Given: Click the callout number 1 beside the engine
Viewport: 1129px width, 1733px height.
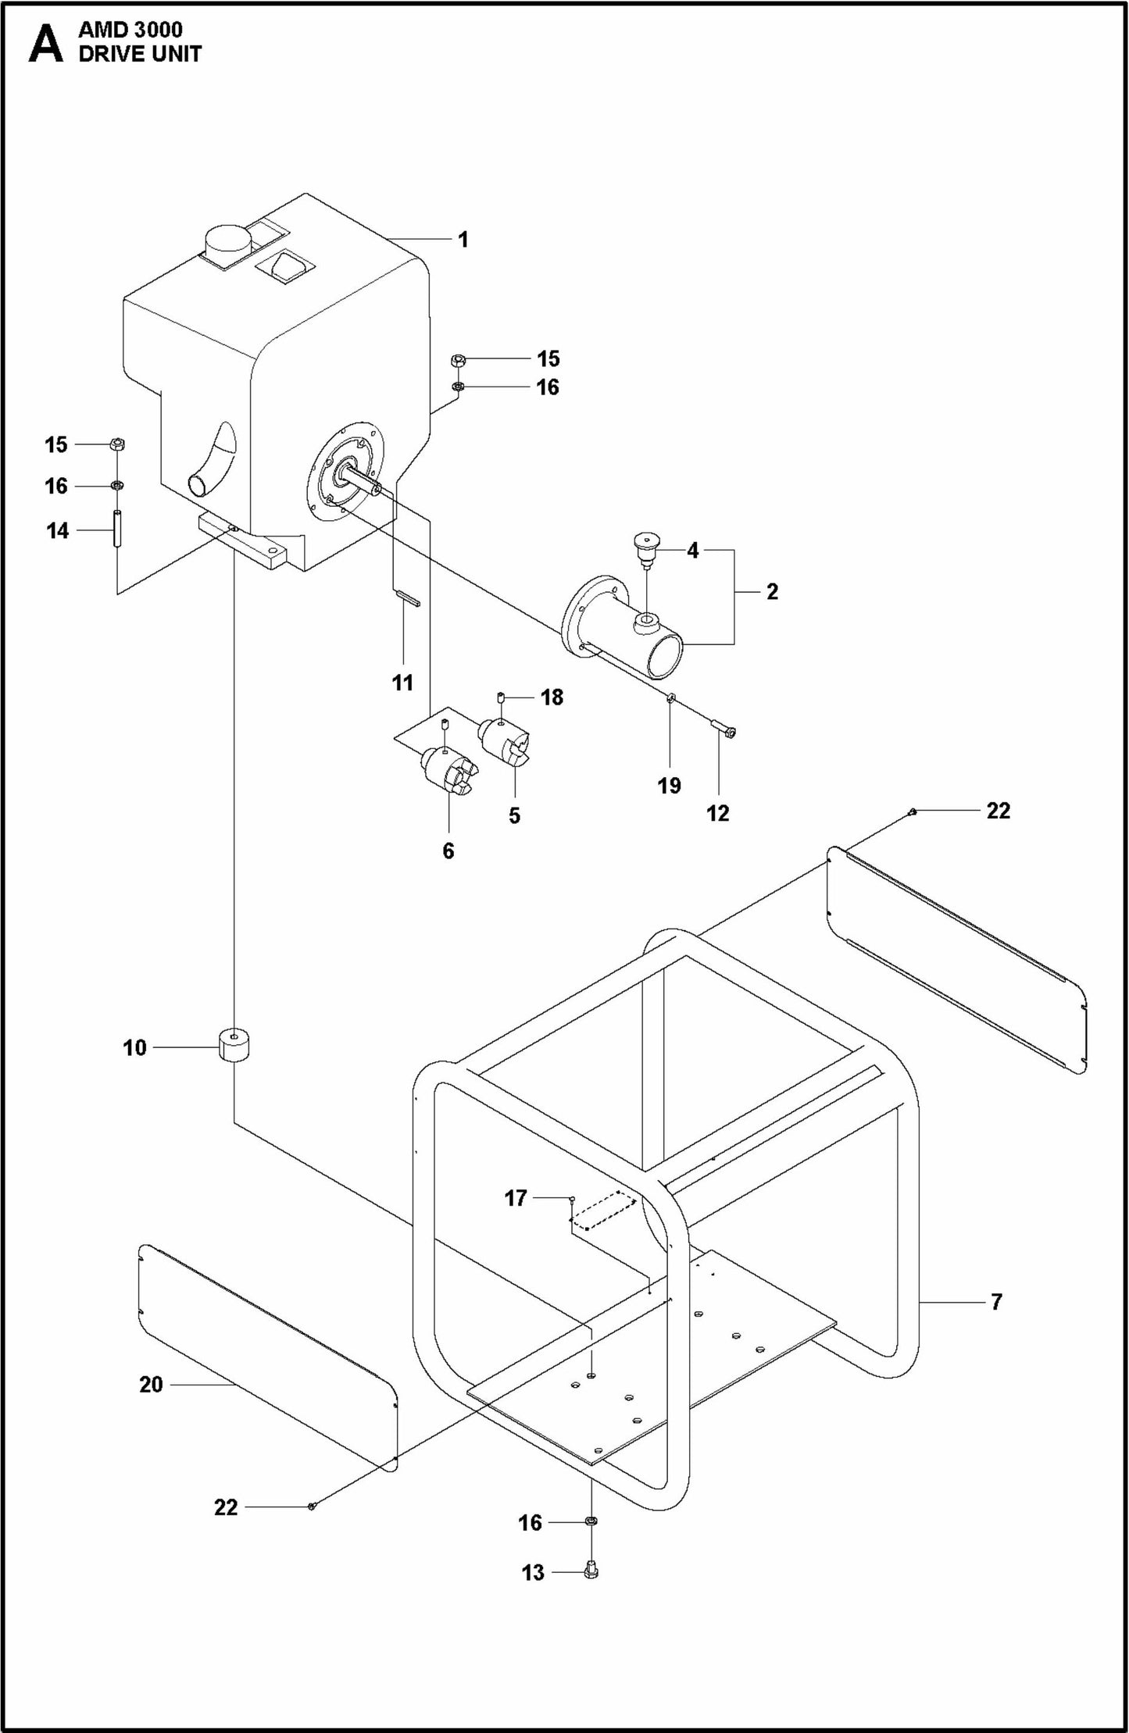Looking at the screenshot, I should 463,239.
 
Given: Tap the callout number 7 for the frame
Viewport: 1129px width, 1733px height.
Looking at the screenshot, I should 996,1302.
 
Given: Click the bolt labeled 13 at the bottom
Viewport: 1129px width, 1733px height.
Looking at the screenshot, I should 591,1571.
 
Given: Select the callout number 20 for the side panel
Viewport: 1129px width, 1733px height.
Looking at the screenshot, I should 151,1385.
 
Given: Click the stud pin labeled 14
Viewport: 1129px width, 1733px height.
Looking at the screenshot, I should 116,530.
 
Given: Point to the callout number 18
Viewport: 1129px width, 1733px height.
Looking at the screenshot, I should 552,697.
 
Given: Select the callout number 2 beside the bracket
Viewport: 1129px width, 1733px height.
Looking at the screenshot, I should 772,591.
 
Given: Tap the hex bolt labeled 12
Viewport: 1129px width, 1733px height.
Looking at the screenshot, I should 724,730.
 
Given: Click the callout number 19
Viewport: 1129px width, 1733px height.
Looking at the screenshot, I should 670,785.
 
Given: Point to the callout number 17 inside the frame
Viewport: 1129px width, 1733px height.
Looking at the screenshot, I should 516,1198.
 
